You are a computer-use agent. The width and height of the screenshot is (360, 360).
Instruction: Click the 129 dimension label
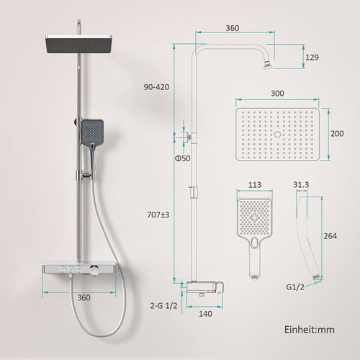tap(312, 58)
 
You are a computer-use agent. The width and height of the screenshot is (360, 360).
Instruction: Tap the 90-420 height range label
tap(156, 87)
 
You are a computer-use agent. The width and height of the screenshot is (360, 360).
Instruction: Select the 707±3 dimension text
tap(158, 215)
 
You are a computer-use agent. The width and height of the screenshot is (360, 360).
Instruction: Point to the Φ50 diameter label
tap(182, 158)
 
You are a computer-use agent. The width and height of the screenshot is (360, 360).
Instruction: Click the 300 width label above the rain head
tap(277, 93)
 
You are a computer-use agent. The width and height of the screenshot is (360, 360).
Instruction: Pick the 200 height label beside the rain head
tap(337, 133)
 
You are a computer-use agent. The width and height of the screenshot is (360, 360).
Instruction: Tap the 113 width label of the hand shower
tap(254, 185)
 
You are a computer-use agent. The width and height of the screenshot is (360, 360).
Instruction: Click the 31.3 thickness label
tap(301, 184)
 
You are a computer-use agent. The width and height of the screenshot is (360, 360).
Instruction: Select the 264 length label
tap(330, 236)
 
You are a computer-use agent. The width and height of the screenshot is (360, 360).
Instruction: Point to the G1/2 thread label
tap(295, 287)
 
